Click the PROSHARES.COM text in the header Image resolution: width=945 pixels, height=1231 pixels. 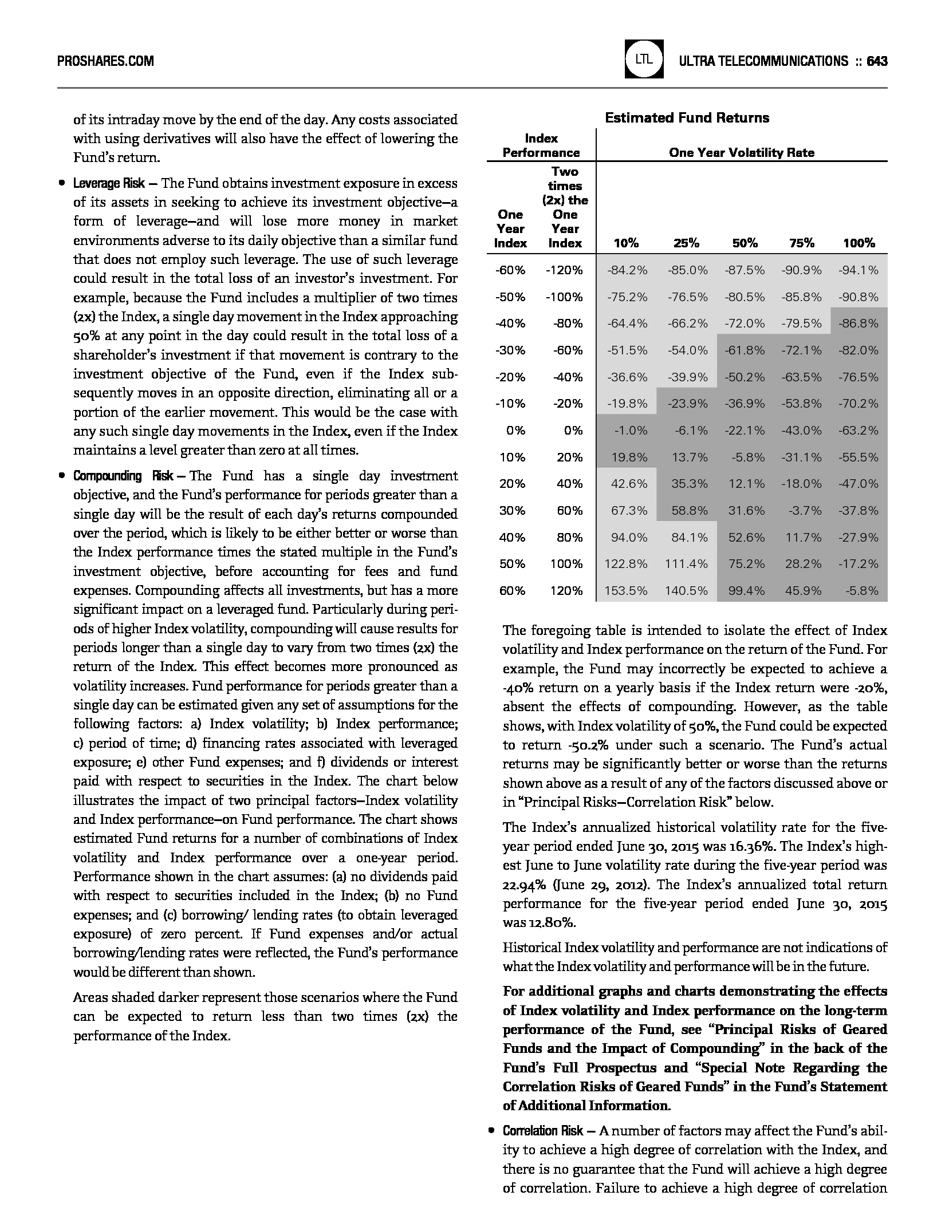(x=105, y=61)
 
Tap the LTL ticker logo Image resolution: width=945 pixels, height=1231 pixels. (x=644, y=59)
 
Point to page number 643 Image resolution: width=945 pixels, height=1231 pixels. (x=877, y=61)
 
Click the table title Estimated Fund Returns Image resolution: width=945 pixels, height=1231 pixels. (x=687, y=118)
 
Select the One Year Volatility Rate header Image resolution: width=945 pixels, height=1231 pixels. (x=741, y=152)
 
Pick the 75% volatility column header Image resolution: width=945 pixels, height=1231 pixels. (x=801, y=243)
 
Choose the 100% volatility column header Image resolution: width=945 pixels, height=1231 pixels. (x=859, y=243)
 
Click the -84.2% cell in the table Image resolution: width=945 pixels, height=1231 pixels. (x=627, y=270)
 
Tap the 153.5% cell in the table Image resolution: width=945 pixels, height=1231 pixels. (x=626, y=590)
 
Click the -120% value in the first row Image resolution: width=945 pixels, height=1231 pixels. (x=564, y=270)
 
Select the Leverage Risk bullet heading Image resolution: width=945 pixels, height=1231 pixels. (x=109, y=183)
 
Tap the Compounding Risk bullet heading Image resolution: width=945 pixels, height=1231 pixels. (x=123, y=476)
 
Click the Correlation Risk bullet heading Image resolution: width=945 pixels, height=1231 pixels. (x=543, y=1131)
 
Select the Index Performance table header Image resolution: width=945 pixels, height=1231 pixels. (x=541, y=145)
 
